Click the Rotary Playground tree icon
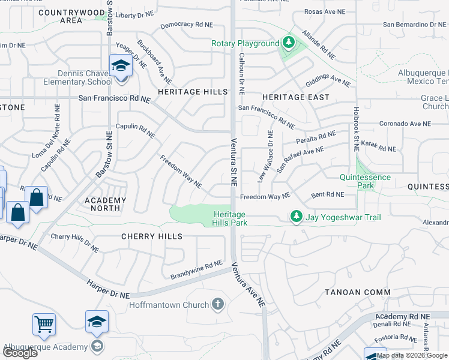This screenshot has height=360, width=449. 289,43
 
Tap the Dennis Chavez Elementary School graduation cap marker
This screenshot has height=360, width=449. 120,65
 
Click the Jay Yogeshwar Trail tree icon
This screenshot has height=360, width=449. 295,216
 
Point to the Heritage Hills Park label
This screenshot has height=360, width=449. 228,218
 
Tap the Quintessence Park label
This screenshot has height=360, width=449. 365,181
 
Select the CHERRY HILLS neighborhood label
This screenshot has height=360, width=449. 152,236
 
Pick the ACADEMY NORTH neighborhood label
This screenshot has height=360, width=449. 106,205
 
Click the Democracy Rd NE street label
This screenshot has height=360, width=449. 187,25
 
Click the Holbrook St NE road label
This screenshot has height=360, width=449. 356,128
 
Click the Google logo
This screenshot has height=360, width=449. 20,353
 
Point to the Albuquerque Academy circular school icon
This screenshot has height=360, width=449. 96,346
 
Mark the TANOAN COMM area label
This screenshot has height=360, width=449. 358,292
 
